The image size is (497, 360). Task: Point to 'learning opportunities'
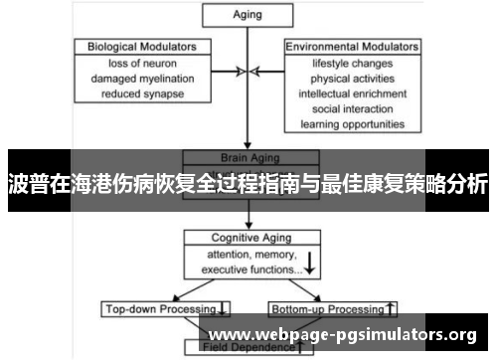[345, 125]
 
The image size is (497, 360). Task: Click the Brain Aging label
[246, 157]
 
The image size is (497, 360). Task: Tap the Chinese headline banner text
[248, 183]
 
